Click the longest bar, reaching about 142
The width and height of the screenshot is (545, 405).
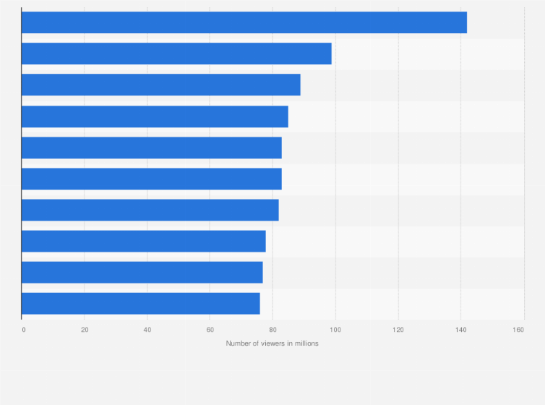(244, 22)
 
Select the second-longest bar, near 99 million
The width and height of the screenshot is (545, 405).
(176, 54)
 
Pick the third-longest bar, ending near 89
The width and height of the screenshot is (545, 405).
(160, 85)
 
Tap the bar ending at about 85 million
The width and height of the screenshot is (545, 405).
(155, 116)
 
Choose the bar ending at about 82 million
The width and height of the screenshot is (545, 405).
(150, 210)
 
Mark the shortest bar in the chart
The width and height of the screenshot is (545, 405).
(140, 303)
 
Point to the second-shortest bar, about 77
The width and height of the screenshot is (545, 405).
(142, 272)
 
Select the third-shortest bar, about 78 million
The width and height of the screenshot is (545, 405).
(143, 241)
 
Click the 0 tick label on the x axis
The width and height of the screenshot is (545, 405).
(24, 330)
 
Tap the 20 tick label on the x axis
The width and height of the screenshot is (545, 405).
(85, 330)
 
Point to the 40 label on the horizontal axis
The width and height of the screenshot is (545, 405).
(147, 330)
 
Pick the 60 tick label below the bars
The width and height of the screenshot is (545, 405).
(210, 330)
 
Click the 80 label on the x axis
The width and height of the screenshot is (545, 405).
(272, 330)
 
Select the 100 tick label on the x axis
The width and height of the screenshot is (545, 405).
(335, 330)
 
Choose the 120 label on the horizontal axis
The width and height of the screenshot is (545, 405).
(398, 330)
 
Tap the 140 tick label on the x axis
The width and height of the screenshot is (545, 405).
(460, 330)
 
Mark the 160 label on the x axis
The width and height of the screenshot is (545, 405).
(518, 330)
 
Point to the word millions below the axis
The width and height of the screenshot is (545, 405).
(305, 344)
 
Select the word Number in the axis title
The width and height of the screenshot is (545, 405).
(237, 344)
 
